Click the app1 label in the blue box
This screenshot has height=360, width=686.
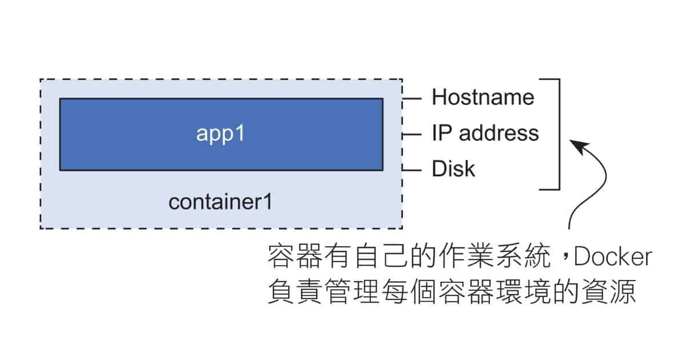(x=221, y=134)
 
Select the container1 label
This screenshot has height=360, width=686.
(x=221, y=202)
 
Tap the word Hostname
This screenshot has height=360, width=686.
(x=483, y=97)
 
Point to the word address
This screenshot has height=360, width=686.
(x=499, y=133)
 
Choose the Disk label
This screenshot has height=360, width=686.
(x=453, y=169)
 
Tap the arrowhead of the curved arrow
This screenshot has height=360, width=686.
(x=579, y=146)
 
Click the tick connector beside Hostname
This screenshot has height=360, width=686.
(x=412, y=98)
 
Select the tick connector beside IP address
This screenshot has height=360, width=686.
(x=412, y=134)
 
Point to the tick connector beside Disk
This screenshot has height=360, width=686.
(x=412, y=170)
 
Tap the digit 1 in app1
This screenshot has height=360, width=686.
(x=240, y=133)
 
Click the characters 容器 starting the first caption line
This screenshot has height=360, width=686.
(x=295, y=256)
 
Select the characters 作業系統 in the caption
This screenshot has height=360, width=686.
(x=494, y=256)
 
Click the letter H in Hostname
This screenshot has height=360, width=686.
(x=438, y=97)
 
